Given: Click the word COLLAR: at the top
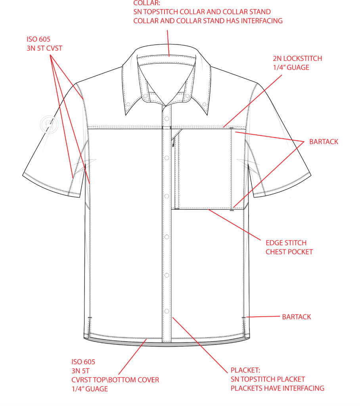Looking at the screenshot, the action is [x=147, y=3].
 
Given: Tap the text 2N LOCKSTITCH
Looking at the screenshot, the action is [x=297, y=58].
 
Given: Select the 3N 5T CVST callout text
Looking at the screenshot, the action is [x=44, y=48].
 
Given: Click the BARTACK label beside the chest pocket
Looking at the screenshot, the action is [x=324, y=142].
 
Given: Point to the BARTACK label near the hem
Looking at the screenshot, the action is [x=297, y=317].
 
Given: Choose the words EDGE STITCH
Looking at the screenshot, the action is [x=286, y=243].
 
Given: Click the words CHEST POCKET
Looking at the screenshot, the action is [x=289, y=252].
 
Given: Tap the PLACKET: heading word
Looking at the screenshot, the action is [x=245, y=370].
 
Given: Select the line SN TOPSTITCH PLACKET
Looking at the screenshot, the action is [x=268, y=379].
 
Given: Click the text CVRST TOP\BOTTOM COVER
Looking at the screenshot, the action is [x=115, y=380].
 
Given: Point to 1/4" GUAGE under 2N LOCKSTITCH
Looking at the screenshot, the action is [x=291, y=67].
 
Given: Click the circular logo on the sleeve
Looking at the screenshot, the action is [x=49, y=124].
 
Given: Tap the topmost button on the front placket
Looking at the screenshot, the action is [x=167, y=119].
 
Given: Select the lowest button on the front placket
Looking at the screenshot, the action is [x=167, y=311].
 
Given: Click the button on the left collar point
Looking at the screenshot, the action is [x=128, y=104].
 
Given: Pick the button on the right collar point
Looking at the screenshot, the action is [x=204, y=104].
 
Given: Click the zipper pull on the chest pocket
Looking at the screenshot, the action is [x=173, y=142].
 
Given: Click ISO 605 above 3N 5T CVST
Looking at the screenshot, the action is [x=38, y=39].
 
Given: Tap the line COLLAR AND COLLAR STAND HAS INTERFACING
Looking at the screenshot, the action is [x=208, y=21].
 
